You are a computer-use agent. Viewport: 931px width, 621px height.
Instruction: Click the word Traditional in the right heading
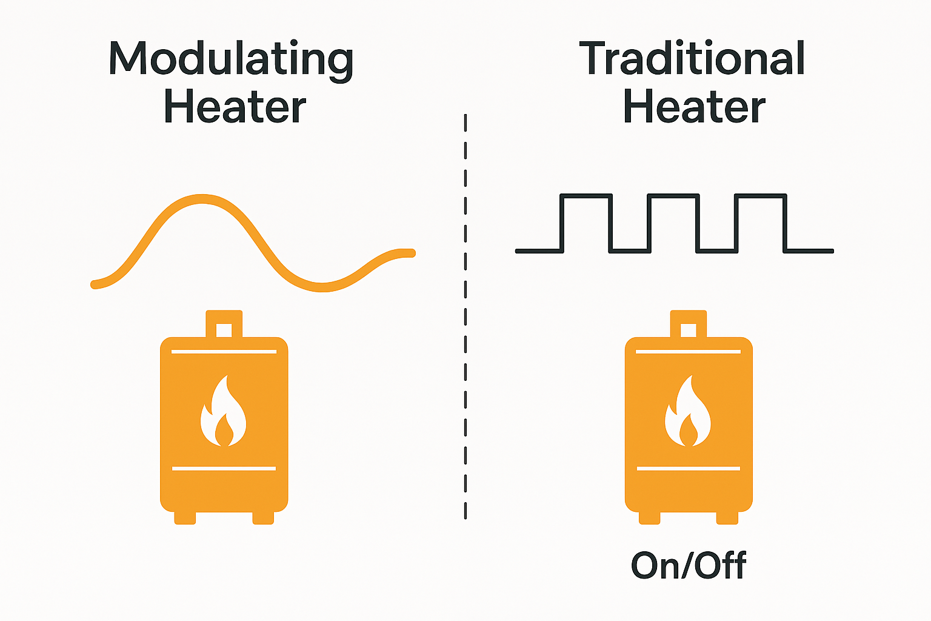692,59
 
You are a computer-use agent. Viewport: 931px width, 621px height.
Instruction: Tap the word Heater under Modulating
235,107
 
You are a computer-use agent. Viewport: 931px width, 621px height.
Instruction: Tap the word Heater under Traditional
694,107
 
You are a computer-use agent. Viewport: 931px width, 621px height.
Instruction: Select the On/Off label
689,565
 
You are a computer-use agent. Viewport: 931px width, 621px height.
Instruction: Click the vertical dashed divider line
465,315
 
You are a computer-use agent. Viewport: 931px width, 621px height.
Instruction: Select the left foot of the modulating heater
185,517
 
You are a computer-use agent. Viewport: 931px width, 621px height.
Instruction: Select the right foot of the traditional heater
727,517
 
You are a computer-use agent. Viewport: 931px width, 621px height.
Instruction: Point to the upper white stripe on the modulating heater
224,351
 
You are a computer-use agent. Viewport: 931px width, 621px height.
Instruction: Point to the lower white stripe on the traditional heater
689,468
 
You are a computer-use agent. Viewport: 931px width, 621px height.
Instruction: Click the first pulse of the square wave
586,196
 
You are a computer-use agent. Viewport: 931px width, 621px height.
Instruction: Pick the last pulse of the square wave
760,196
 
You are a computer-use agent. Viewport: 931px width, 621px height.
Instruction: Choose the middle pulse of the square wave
673,196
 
